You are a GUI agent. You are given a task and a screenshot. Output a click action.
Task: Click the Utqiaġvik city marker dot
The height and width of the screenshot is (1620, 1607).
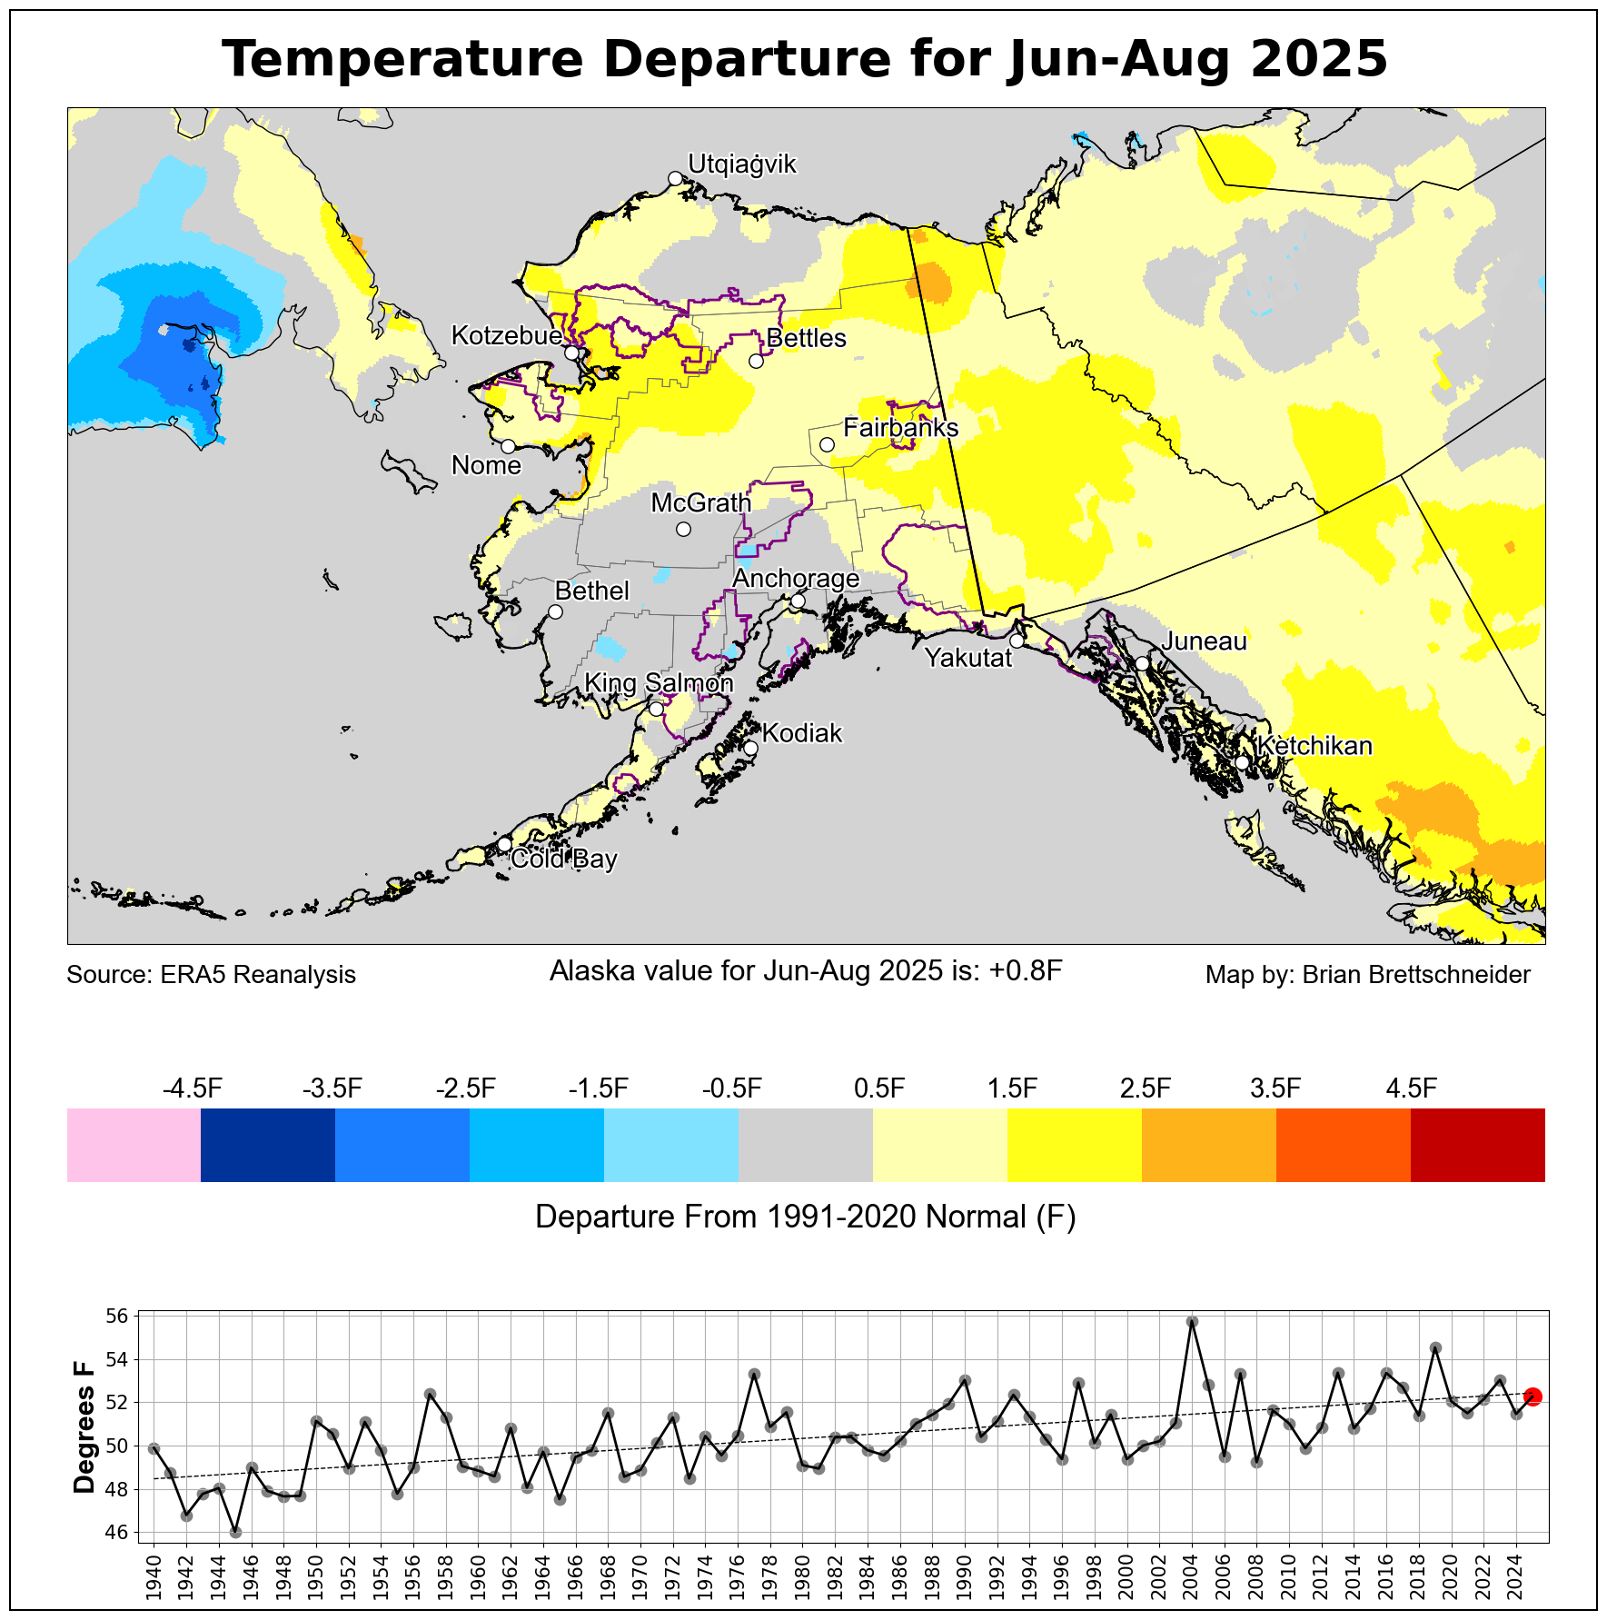(675, 178)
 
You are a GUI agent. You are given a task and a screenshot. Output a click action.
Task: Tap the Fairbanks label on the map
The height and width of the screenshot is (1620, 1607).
(900, 427)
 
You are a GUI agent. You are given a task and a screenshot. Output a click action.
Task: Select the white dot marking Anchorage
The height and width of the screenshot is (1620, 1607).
(798, 601)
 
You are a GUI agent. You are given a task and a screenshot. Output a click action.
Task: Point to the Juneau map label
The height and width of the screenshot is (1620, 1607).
(1204, 641)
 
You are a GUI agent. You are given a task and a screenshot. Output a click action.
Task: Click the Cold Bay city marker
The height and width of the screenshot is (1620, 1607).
(505, 844)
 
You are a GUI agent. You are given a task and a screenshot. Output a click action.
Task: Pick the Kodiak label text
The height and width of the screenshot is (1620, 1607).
(802, 733)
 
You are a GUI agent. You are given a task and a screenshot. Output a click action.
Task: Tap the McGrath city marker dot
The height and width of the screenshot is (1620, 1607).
(684, 529)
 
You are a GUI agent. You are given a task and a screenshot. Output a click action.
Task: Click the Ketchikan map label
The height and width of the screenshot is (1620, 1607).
(1314, 746)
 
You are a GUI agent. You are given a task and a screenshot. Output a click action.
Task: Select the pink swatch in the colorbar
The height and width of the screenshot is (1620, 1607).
(134, 1145)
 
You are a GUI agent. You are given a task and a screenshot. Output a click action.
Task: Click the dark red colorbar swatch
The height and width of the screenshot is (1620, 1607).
(1477, 1145)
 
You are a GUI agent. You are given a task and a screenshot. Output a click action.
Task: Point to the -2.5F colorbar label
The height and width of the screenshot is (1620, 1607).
(466, 1088)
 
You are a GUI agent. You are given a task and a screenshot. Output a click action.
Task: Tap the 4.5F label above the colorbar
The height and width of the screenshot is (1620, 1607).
(1411, 1088)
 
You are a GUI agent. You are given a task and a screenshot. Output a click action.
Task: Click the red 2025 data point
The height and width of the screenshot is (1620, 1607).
(1533, 1396)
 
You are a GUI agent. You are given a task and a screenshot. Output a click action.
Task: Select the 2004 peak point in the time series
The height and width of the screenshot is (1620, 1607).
(1193, 1322)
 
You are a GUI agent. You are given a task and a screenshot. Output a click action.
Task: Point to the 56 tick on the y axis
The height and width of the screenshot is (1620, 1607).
(119, 1316)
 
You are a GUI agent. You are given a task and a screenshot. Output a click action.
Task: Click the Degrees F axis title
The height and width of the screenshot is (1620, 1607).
(84, 1427)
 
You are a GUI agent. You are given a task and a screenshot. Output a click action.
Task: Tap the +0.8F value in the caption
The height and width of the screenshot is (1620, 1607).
(1025, 971)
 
